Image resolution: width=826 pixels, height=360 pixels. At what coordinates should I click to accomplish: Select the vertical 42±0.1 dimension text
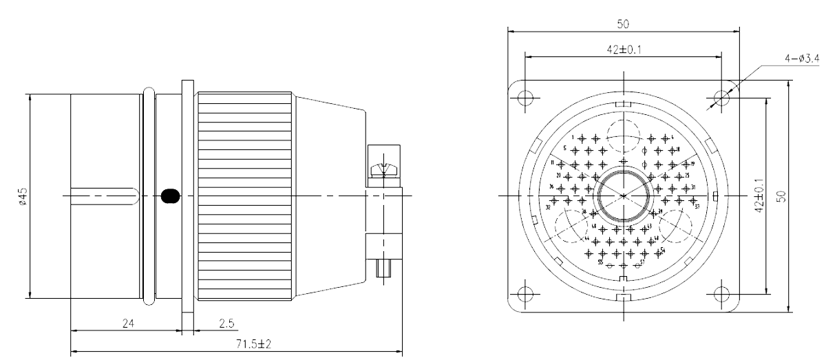click(x=759, y=196)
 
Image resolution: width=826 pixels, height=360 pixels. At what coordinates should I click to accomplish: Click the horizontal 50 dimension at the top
click(x=622, y=24)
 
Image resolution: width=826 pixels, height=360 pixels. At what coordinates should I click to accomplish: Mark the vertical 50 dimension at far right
click(x=780, y=196)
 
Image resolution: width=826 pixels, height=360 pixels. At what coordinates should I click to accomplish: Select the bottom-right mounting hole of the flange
click(x=721, y=293)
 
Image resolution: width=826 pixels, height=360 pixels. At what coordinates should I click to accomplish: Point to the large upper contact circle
click(x=623, y=134)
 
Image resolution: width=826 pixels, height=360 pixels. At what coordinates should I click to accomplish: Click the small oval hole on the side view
click(x=169, y=195)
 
